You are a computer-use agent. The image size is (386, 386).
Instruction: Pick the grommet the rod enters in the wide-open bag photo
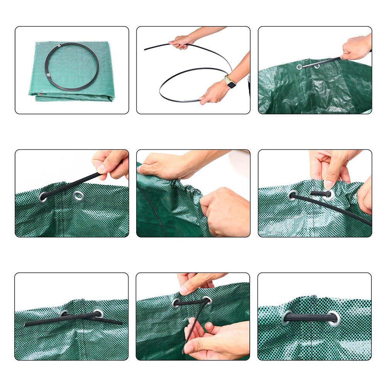299,67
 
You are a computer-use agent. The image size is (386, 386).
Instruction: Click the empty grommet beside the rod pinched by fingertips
79,196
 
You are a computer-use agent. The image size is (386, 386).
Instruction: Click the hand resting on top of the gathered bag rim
162,165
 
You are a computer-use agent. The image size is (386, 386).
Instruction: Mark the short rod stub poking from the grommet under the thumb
320,193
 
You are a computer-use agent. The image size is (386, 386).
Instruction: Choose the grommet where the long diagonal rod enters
293,196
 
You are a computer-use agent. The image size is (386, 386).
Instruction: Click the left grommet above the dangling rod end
177,303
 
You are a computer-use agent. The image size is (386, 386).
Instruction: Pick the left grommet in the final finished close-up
288,317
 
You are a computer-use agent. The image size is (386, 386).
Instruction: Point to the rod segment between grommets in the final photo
311,318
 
